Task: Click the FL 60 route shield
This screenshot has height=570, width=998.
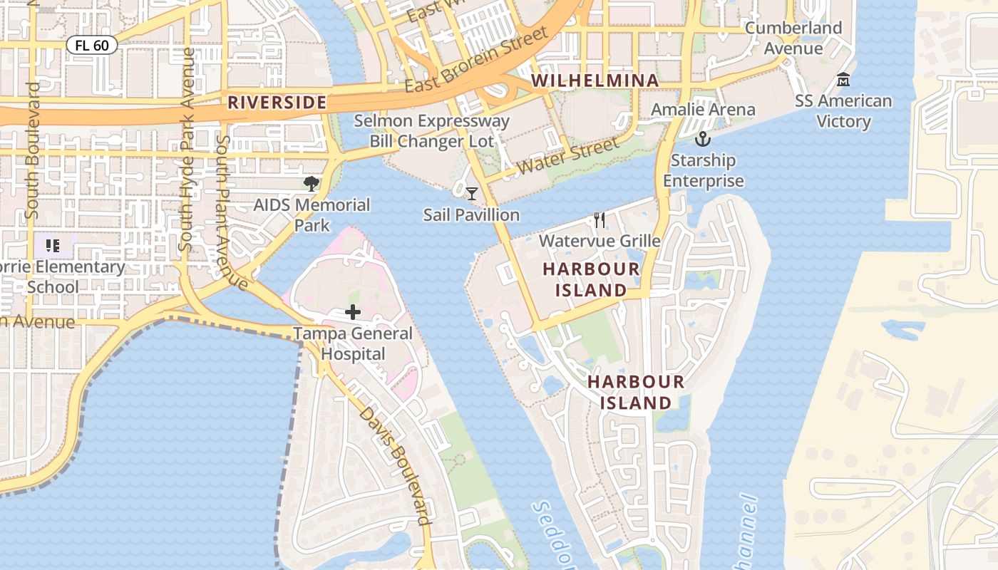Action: pos(92,46)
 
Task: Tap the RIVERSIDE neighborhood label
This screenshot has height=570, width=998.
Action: pos(277,103)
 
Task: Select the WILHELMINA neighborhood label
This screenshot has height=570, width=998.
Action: pos(595,81)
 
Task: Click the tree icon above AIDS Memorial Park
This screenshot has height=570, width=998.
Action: pos(312,184)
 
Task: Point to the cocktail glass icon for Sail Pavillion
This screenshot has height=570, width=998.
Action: pos(472,193)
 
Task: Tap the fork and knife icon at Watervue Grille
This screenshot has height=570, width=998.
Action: pos(600,220)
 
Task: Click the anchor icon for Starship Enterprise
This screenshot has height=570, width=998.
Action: pos(703,139)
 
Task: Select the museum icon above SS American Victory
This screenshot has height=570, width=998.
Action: pos(843,79)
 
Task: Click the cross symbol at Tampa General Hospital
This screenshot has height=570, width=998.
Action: pos(353,312)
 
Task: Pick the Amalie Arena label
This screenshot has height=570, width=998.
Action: pos(703,110)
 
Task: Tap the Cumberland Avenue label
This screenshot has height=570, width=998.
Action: pos(793,38)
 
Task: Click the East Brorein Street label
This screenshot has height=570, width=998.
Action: pos(476,60)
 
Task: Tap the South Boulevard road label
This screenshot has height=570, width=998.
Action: pos(33,151)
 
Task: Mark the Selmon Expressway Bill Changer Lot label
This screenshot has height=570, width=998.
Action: pos(431,131)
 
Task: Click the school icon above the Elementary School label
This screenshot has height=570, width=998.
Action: pos(52,246)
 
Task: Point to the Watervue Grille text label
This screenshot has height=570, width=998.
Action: pos(600,241)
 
